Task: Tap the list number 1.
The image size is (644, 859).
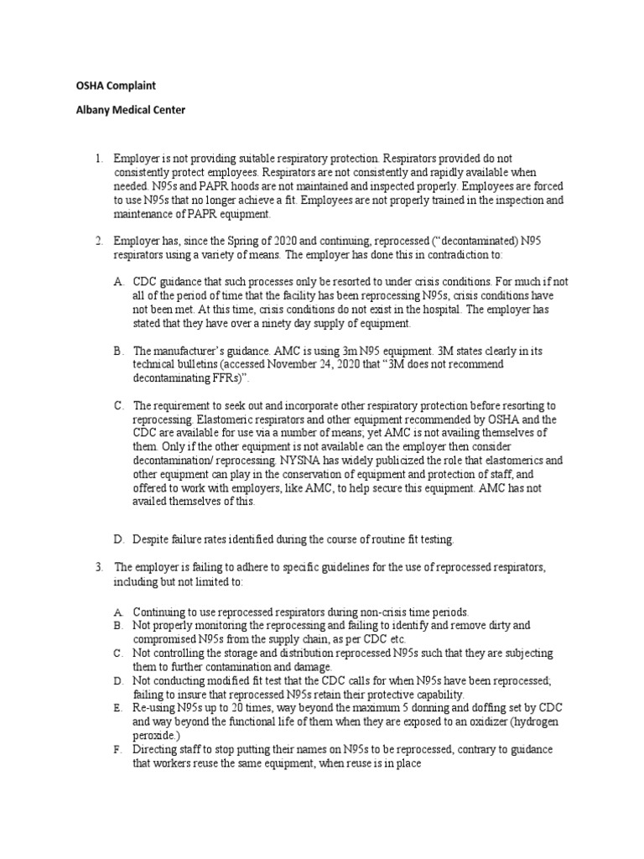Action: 97,158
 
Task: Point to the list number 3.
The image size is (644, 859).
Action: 97,567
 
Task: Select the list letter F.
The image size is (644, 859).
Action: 119,749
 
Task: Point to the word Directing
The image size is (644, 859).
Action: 156,749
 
